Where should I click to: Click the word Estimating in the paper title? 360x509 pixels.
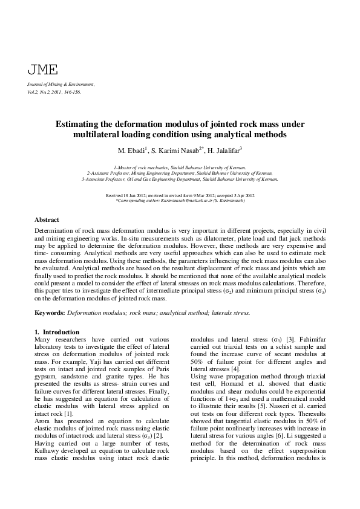pos(81,124)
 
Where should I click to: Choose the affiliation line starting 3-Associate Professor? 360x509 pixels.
pos(180,179)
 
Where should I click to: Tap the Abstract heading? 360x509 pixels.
pos(47,220)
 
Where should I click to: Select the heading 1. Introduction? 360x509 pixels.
pos(57,332)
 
